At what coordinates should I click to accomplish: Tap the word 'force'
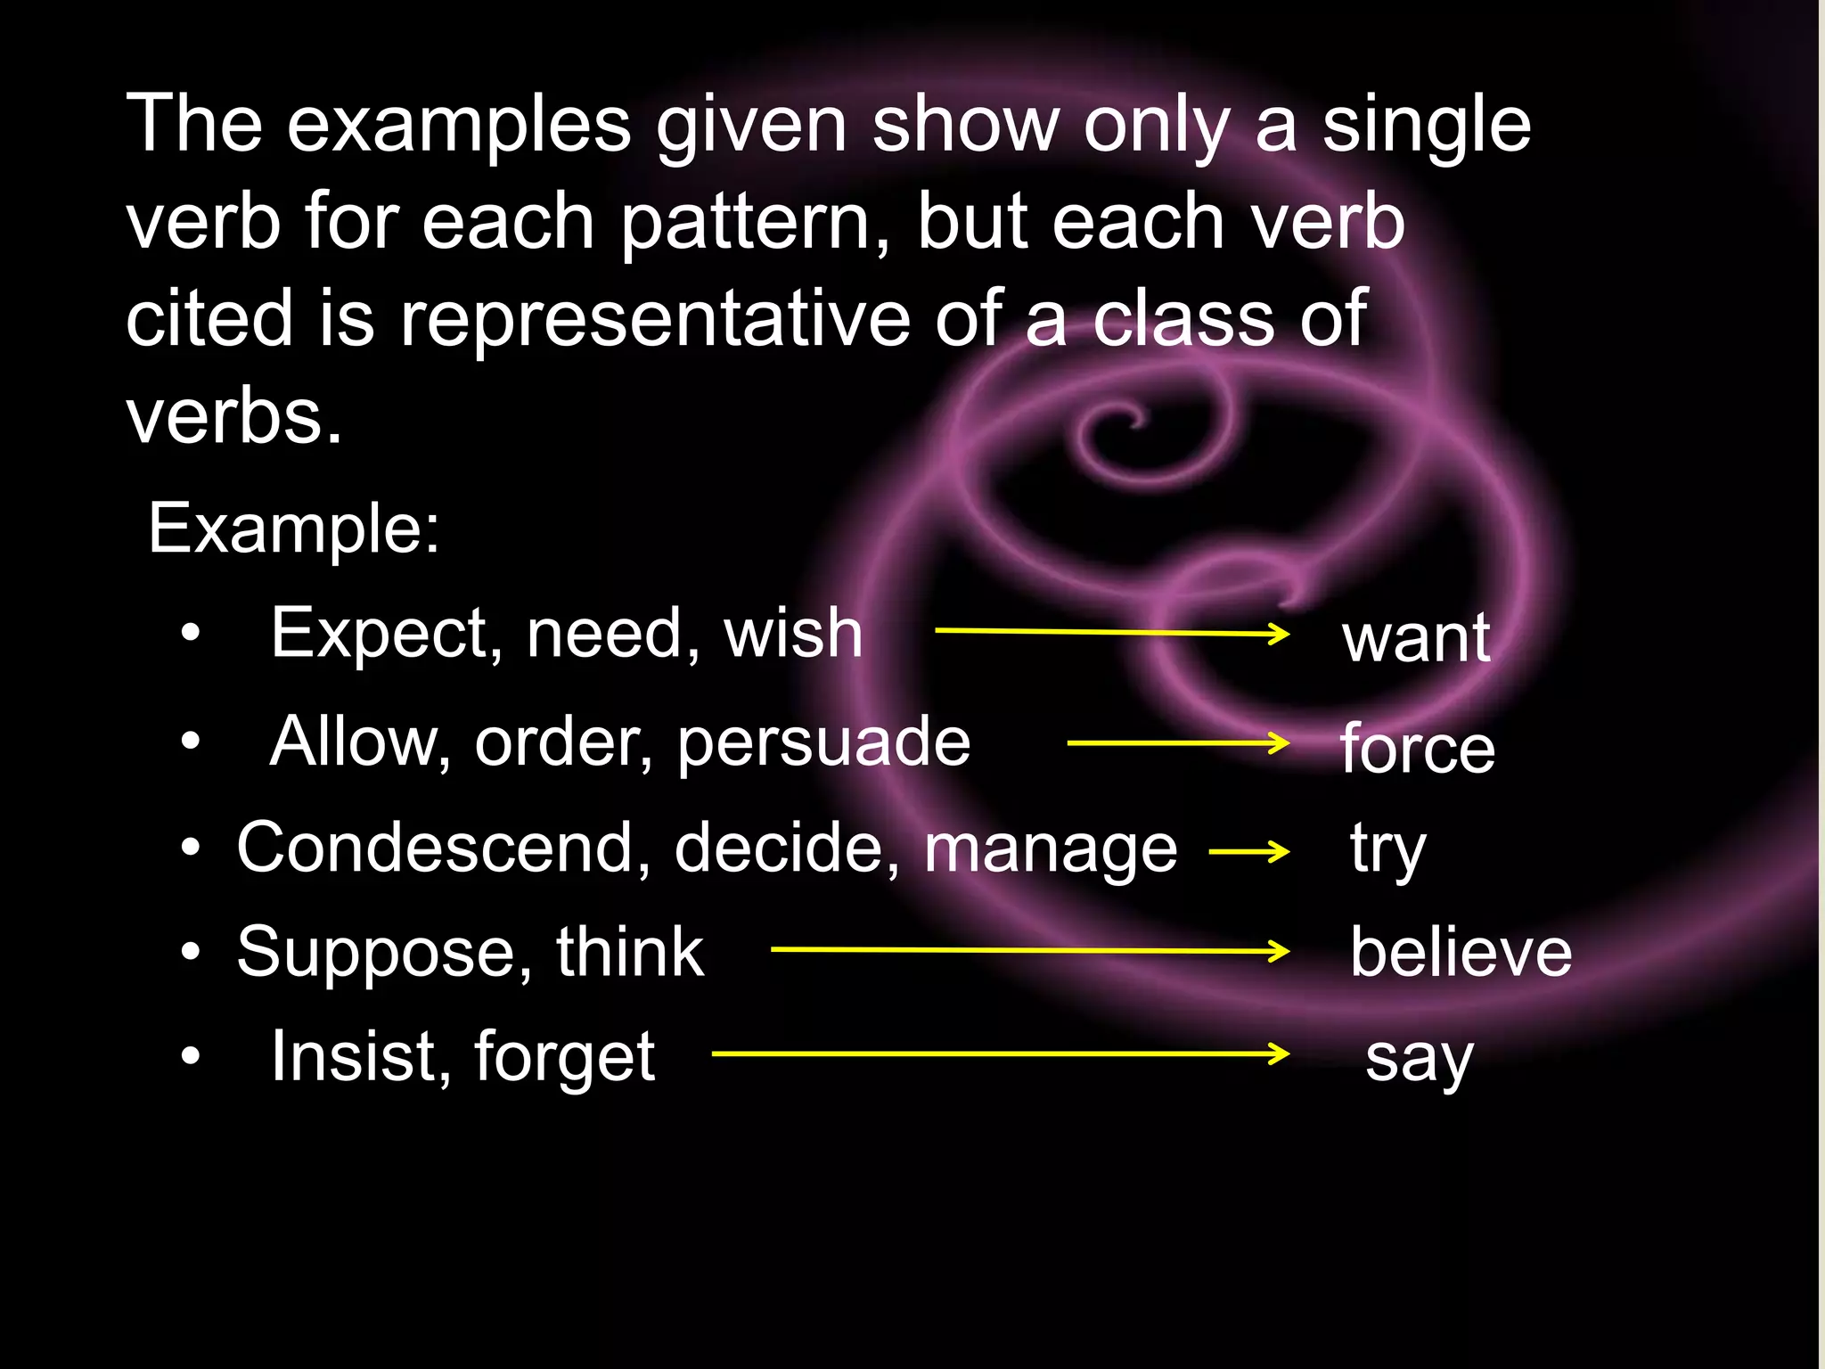tap(1417, 749)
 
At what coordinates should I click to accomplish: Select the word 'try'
tap(1387, 849)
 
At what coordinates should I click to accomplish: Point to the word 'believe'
tap(1461, 953)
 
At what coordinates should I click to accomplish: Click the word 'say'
tap(1419, 1059)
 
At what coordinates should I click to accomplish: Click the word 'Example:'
tap(294, 529)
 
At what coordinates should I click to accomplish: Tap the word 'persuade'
tap(823, 742)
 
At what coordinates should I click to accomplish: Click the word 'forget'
tap(564, 1058)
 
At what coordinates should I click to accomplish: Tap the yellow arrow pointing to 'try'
tap(1248, 851)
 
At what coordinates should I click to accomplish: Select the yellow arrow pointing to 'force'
tap(1177, 742)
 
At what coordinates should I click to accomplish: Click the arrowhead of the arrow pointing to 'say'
tap(1279, 1054)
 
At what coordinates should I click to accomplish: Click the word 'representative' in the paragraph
tap(654, 319)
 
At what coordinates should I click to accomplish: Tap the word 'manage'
tap(1050, 849)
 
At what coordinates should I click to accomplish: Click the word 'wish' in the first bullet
tap(792, 634)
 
